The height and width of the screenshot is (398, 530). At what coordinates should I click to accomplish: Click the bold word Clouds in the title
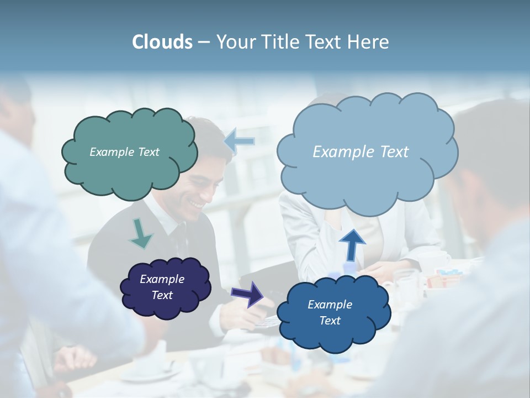tap(162, 42)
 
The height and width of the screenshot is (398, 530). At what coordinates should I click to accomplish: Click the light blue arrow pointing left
tap(240, 141)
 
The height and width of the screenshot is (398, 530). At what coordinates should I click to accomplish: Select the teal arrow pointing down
tap(140, 233)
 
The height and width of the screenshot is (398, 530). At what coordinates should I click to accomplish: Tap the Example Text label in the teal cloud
tap(124, 152)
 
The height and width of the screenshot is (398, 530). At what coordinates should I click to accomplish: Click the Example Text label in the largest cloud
tap(361, 152)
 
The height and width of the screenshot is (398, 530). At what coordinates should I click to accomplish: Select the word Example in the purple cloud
tap(162, 279)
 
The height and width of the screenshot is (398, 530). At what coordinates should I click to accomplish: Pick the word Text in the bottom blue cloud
tap(330, 321)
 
